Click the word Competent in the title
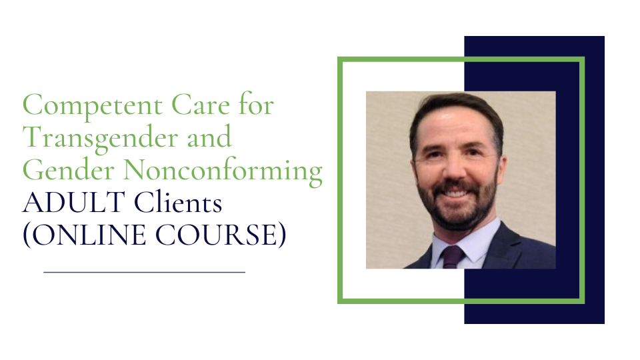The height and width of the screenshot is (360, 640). [x=93, y=106]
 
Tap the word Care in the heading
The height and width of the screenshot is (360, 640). [x=201, y=105]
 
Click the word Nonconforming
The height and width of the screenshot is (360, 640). [x=223, y=171]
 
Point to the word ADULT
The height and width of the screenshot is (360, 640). [x=74, y=203]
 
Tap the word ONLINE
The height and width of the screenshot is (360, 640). [x=89, y=235]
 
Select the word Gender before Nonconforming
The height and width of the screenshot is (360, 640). [x=68, y=170]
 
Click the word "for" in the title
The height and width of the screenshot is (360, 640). [x=256, y=104]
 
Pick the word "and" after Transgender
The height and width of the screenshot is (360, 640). [x=209, y=137]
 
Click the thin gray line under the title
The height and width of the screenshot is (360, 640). [x=145, y=272]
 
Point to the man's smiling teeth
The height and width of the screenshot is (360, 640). [x=455, y=194]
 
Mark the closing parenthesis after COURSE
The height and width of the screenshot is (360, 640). [x=282, y=235]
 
